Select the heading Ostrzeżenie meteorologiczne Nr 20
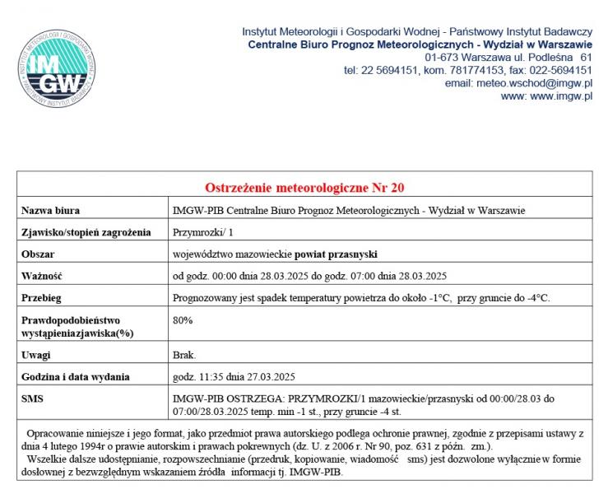click(304, 188)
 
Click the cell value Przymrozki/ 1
click(203, 232)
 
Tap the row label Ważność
click(42, 275)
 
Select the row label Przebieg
click(42, 297)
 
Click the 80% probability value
click(183, 319)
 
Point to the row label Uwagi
click(36, 355)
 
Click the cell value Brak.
click(184, 355)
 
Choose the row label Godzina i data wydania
click(76, 377)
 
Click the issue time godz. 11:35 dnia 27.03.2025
click(234, 377)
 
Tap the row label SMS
click(32, 398)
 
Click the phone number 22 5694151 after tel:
click(392, 70)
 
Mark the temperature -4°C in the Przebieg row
click(536, 297)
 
